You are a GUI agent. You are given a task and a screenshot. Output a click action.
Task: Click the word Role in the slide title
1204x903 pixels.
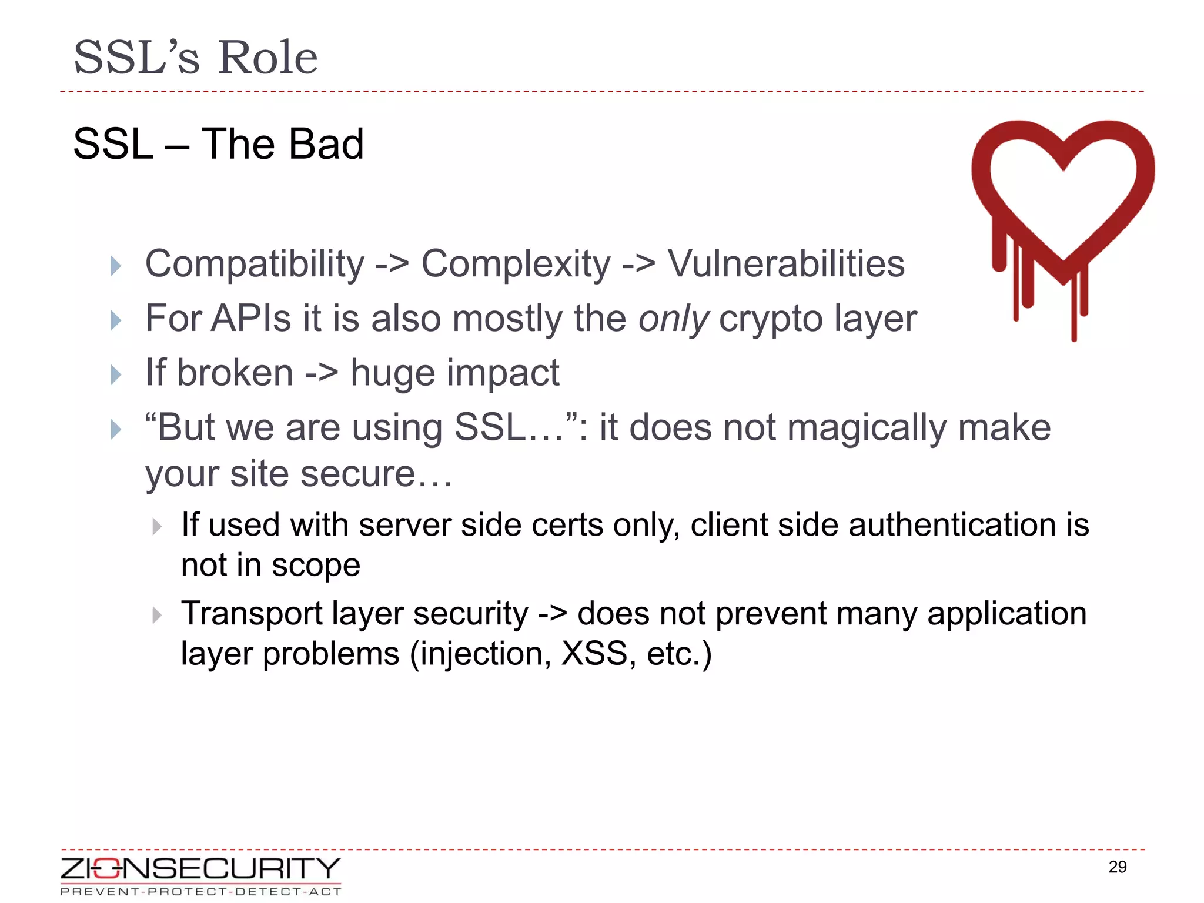[267, 58]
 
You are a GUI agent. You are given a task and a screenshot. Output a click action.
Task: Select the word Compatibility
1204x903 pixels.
[255, 264]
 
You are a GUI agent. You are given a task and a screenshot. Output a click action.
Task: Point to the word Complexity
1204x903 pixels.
[516, 264]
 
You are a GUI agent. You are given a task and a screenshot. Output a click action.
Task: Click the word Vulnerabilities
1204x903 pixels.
[786, 264]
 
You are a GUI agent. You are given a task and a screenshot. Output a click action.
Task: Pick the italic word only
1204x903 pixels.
[674, 319]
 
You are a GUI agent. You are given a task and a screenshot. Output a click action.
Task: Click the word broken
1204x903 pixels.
[235, 373]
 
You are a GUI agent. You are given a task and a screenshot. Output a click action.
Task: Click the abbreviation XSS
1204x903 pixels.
[594, 654]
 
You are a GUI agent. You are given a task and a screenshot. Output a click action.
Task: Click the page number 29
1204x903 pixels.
[1117, 867]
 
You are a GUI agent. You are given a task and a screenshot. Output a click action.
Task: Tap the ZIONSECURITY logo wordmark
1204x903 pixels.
[200, 868]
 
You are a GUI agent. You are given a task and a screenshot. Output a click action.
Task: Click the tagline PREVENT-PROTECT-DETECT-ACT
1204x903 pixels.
[200, 892]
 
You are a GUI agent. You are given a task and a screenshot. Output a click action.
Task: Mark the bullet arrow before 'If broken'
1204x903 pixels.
[116, 374]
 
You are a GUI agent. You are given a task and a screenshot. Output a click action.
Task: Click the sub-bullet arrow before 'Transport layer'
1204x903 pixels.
[156, 616]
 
